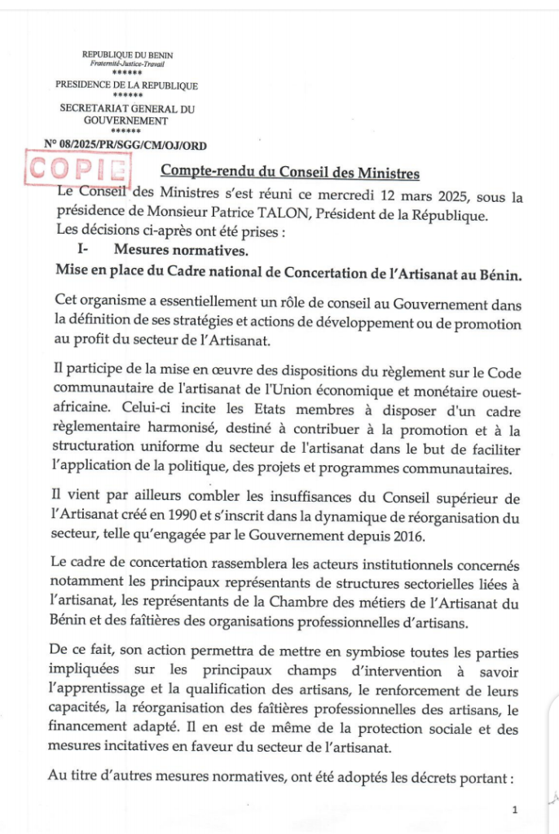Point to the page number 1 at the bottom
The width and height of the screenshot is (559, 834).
pos(515,810)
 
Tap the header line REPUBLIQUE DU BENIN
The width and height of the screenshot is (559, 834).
pos(128,55)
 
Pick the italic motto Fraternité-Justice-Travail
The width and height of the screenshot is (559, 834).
pos(126,64)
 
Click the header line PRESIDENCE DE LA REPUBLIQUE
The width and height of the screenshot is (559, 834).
pos(126,85)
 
